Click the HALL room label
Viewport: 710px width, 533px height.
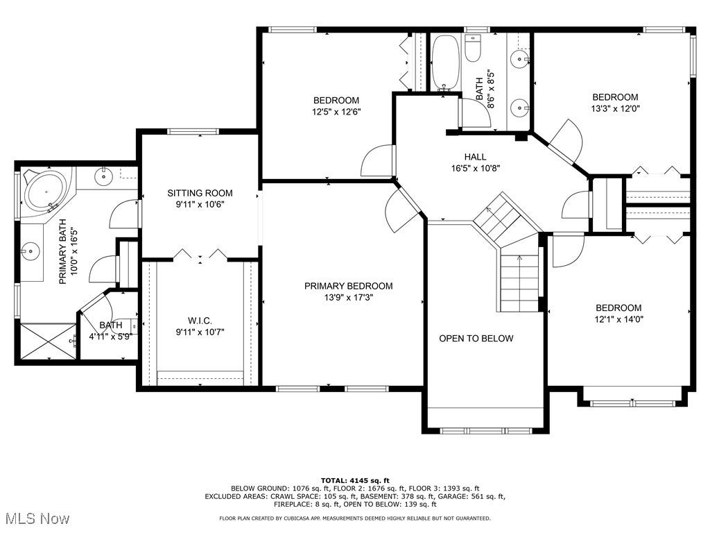pyautogui.click(x=475, y=157)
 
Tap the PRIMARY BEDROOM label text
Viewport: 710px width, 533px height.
pyautogui.click(x=348, y=286)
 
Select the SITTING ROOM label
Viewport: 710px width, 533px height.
pyautogui.click(x=200, y=193)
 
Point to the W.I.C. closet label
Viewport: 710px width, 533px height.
pyautogui.click(x=200, y=321)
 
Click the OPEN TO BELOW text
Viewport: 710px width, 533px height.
pyautogui.click(x=476, y=339)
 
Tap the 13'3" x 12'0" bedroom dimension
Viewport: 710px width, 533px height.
pyautogui.click(x=616, y=109)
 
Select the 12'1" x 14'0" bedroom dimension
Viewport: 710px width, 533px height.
pyautogui.click(x=618, y=319)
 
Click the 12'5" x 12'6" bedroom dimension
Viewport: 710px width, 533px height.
pyautogui.click(x=336, y=112)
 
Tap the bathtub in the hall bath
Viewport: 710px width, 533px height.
pyautogui.click(x=446, y=62)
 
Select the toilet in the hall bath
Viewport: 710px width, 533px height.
pyautogui.click(x=472, y=48)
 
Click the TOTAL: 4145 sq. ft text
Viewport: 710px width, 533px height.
pyautogui.click(x=355, y=480)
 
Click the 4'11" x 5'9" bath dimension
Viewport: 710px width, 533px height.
pyautogui.click(x=111, y=337)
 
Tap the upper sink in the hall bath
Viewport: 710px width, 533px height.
pyautogui.click(x=519, y=58)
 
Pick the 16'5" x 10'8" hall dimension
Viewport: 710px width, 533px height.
pyautogui.click(x=476, y=169)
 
